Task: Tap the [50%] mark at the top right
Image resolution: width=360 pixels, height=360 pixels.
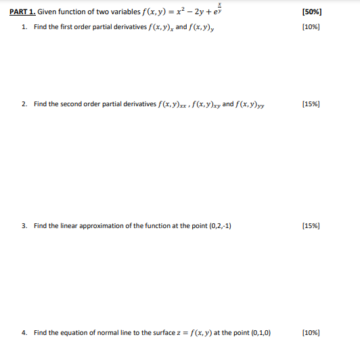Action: point(312,12)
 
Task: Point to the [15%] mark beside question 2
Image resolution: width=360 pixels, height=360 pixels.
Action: point(312,104)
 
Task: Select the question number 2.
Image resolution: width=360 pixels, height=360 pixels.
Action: point(24,104)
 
